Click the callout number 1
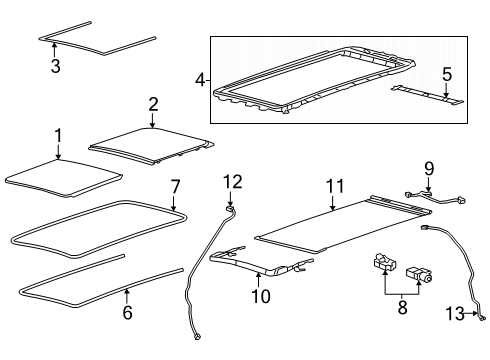(x=57, y=136)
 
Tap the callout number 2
(x=152, y=105)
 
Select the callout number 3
(x=57, y=67)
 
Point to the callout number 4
(x=200, y=80)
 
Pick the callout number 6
(x=127, y=313)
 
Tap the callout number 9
(x=428, y=168)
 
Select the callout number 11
(x=332, y=184)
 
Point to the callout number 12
(x=232, y=181)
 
